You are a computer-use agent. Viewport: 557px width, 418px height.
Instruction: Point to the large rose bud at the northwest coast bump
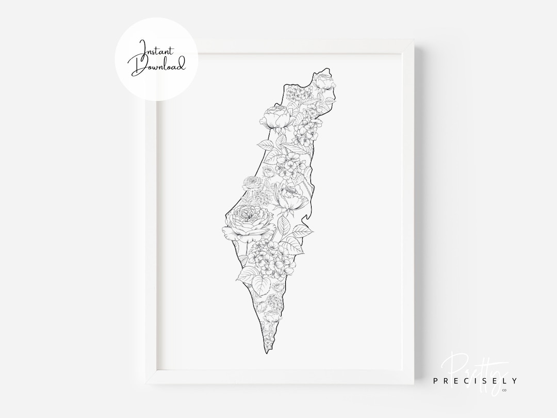277,119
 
